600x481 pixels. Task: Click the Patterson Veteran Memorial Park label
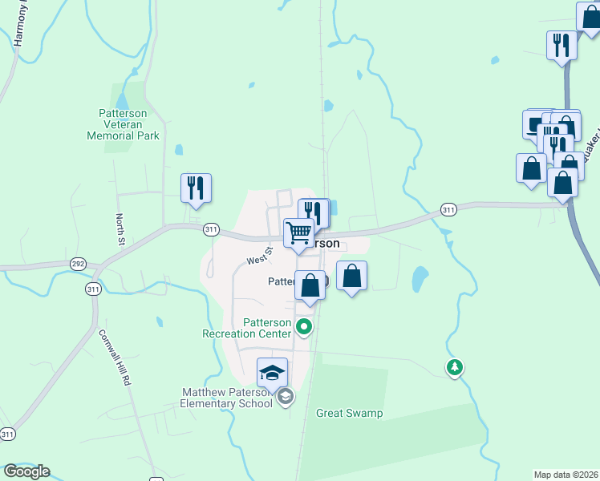123,124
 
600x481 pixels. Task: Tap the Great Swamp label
349,414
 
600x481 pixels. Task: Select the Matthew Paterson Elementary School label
227,398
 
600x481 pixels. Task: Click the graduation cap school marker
272,373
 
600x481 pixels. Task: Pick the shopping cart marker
298,233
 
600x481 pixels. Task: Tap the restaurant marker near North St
196,188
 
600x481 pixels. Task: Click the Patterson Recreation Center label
245,328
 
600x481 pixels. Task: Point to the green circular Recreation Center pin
304,327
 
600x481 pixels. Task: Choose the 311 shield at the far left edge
7,434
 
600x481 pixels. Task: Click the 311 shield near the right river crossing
448,210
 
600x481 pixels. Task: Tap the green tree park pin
455,367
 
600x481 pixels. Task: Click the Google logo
26,471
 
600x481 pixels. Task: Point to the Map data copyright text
566,475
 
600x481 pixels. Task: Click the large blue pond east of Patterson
419,279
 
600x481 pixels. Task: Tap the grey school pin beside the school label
285,397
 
